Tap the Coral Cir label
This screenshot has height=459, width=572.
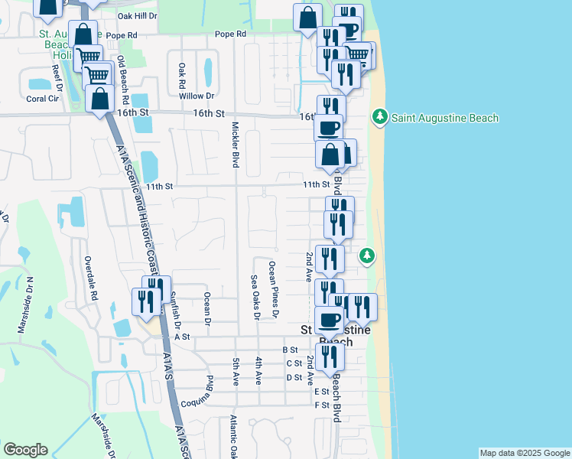click(43, 99)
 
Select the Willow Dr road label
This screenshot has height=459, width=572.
click(197, 96)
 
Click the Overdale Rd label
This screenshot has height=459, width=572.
click(91, 278)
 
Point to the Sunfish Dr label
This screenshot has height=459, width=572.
click(175, 309)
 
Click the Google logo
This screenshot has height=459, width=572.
click(26, 450)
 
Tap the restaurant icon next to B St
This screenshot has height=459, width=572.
click(330, 357)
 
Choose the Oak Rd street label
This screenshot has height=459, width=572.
click(182, 75)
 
